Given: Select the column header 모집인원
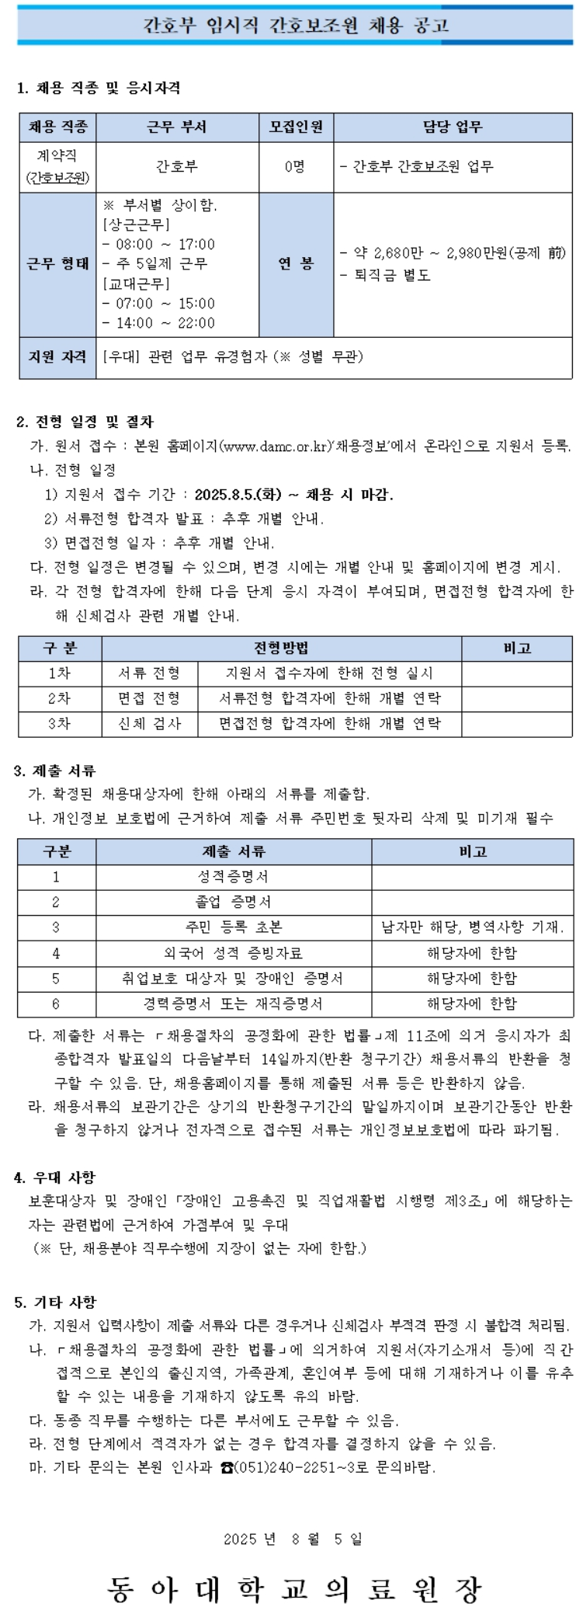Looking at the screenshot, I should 296,127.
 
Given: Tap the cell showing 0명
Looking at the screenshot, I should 296,166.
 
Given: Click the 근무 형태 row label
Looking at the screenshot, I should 57,264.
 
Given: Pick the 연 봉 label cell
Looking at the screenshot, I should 296,264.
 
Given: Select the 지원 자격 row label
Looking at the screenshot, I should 57,357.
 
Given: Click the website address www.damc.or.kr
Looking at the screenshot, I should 276,447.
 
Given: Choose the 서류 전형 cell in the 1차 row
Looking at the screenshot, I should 149,673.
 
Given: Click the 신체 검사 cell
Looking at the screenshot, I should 149,723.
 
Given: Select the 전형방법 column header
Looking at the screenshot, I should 281,649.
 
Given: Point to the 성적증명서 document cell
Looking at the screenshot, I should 233,877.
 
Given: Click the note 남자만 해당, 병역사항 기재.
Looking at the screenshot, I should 472,927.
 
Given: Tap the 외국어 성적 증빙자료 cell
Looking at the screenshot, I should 233,953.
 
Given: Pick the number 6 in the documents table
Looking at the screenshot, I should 56,1004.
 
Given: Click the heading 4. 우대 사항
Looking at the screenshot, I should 54,1177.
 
